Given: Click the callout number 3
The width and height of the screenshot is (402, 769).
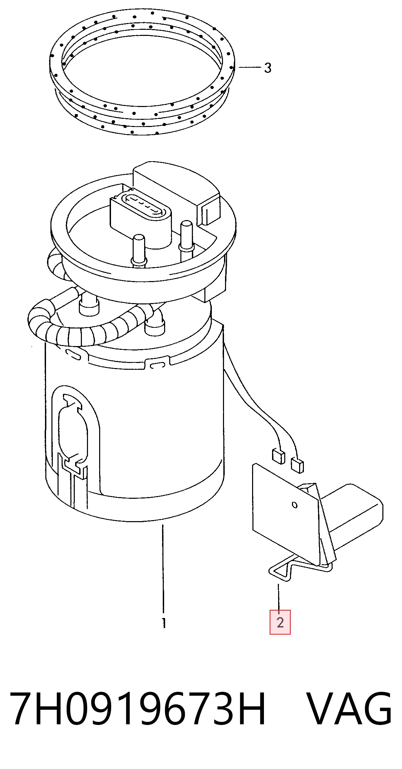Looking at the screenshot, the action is click(268, 68).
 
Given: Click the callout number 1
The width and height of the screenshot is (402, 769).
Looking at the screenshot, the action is click(164, 623).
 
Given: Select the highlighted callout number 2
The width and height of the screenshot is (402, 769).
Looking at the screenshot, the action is click(280, 622).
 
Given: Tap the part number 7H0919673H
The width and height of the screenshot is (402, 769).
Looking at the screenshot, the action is click(138, 709).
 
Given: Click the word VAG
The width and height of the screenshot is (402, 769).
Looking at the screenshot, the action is click(350, 709).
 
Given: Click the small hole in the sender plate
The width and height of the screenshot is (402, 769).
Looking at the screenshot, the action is click(295, 505).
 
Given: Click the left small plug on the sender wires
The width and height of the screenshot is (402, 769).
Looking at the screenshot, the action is click(278, 456).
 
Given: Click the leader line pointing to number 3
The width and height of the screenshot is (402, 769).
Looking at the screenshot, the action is click(250, 67).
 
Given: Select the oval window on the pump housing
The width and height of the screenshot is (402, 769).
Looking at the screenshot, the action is click(73, 428).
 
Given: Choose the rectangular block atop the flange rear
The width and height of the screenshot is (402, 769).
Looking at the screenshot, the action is click(176, 190).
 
